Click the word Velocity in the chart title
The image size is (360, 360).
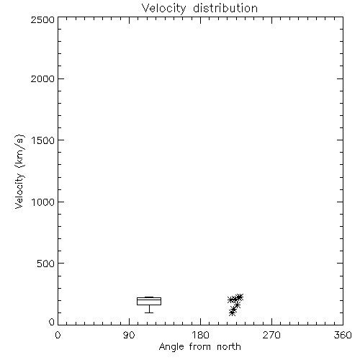pos(163,9)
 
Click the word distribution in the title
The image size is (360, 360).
pos(225,8)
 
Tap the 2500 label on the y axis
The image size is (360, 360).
pos(42,19)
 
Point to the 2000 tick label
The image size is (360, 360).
pos(42,78)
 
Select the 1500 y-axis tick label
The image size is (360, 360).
pos(43,140)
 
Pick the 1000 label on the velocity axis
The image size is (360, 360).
pos(43,202)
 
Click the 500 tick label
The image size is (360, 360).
pos(46,264)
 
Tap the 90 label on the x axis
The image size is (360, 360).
pos(129,335)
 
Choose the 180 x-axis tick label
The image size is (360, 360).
pos(200,335)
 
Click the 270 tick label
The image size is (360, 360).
pos(271,335)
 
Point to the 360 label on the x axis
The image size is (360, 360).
pos(343,335)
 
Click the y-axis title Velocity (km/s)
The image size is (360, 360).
pos(19,171)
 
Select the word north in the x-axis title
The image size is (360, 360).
pos(229,347)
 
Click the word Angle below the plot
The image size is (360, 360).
pos(171,347)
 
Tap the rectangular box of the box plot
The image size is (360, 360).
pos(149,298)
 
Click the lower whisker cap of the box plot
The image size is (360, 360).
pos(149,312)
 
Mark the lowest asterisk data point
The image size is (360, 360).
pos(232,312)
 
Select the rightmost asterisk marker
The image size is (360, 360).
pos(240,297)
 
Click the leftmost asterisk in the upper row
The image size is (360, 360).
pos(231,300)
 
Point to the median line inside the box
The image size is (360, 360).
pos(149,300)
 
